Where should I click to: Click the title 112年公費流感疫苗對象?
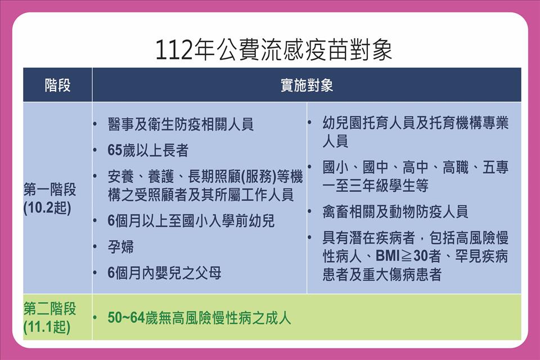(274, 50)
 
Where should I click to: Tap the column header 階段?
(57, 85)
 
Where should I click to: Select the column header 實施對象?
(307, 85)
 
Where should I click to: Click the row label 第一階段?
(50, 190)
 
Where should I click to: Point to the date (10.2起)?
(47, 208)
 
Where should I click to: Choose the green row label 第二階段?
(50, 308)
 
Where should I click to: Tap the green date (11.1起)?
(47, 327)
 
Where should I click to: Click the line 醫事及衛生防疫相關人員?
(181, 124)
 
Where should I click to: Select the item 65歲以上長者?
(148, 150)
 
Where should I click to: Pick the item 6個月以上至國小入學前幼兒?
(191, 221)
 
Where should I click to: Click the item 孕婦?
(120, 247)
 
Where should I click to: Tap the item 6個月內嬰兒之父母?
(164, 273)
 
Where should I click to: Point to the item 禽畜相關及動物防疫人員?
(395, 211)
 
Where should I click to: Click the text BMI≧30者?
(408, 256)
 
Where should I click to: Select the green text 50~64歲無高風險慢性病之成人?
(199, 318)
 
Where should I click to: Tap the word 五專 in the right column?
(496, 168)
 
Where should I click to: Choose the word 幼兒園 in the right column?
(343, 123)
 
